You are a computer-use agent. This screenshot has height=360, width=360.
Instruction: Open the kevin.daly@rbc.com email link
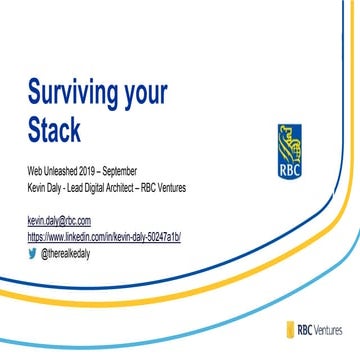coord(59,220)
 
